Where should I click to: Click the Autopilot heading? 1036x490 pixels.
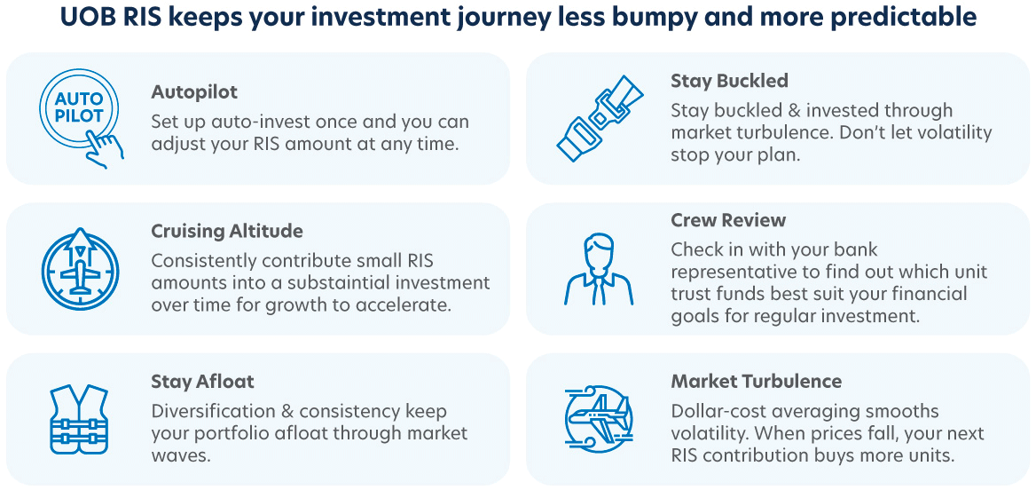[x=194, y=92]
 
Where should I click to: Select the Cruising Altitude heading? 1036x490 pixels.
[x=227, y=232]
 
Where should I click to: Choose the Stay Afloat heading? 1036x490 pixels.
[x=202, y=382]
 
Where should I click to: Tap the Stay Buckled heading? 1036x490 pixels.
[x=729, y=81]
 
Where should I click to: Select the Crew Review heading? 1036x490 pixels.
[x=728, y=220]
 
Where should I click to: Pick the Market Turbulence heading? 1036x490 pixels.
[x=756, y=382]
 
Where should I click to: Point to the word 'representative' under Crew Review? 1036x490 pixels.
[x=728, y=272]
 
